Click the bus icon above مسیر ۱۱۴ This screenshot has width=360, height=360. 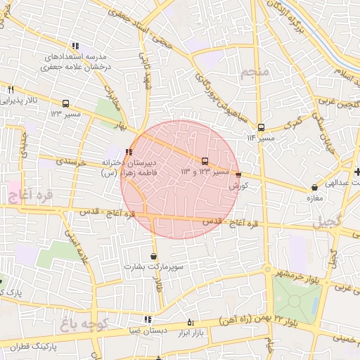point(261,127)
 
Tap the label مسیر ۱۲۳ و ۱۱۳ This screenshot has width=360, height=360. point(205,172)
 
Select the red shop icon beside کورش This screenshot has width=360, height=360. point(238,175)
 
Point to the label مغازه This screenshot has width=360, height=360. point(314,198)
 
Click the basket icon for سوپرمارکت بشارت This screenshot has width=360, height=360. point(153,257)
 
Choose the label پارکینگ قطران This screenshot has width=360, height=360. point(27,348)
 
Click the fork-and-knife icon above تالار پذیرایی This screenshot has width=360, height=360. point(11,90)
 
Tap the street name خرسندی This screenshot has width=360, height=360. point(71,161)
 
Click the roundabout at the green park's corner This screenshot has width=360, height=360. point(267,269)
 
